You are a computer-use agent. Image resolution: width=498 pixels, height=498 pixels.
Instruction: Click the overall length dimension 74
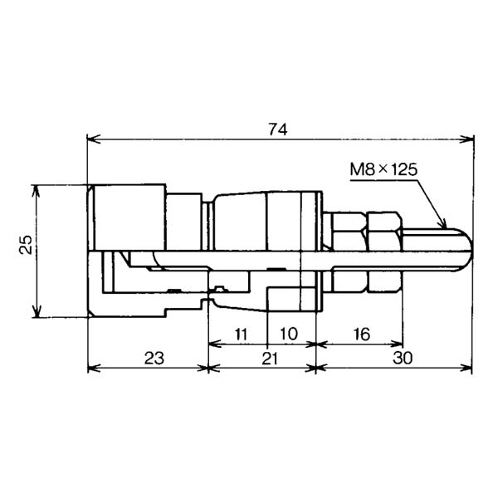point(278,129)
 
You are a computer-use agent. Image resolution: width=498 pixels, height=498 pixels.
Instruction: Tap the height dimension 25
point(26,244)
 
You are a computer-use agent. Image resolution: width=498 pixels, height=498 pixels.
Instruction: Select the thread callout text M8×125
point(383,169)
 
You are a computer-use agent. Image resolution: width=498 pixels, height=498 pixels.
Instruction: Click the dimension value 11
point(241,334)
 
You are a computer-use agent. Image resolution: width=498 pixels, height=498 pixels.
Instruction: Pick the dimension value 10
point(289,334)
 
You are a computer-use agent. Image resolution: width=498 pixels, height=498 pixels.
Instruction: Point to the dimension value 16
point(362,334)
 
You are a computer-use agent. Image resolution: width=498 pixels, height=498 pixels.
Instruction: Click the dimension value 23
point(154,359)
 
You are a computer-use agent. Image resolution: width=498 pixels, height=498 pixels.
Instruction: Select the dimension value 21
point(270,359)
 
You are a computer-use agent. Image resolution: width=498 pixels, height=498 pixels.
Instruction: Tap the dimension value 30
point(403,358)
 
